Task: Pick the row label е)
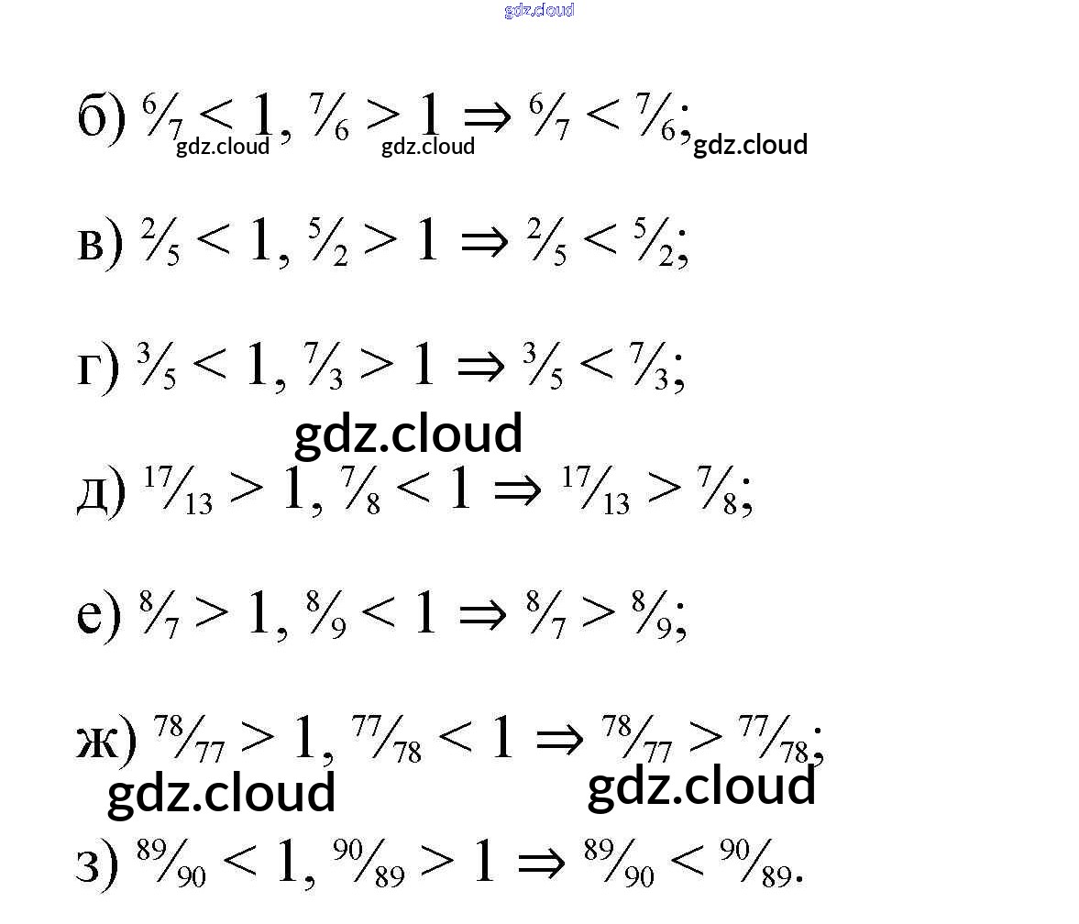(98, 616)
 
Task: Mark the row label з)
(96, 863)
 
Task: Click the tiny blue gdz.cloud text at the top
(539, 10)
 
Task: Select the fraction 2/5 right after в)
(160, 243)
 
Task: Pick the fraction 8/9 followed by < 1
(325, 616)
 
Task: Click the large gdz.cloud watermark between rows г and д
(408, 434)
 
